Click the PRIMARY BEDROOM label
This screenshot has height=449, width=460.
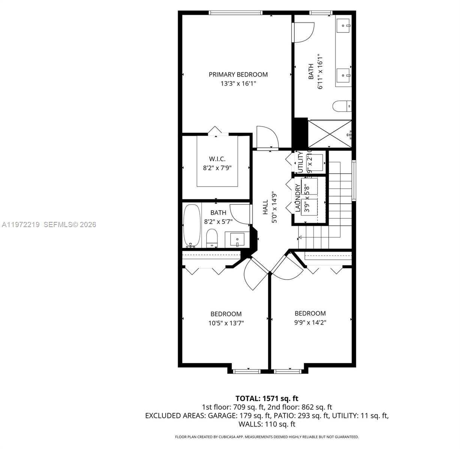(x=238, y=74)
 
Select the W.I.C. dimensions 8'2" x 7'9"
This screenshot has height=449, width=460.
(x=217, y=168)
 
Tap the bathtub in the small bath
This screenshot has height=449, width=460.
(x=192, y=226)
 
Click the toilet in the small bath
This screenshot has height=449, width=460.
(x=212, y=238)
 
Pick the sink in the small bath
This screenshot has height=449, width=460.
(x=237, y=239)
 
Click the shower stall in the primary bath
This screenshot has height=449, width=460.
(x=330, y=134)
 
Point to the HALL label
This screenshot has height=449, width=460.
(x=265, y=207)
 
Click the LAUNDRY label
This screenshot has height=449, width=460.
(x=298, y=198)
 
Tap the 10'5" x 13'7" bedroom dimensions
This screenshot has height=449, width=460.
(x=226, y=323)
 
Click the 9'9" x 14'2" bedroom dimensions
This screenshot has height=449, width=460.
(x=310, y=322)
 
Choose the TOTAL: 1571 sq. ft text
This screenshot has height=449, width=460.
(x=267, y=398)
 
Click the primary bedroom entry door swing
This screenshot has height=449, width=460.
(x=267, y=137)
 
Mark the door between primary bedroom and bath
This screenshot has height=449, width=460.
(x=303, y=32)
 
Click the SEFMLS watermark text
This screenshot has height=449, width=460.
(x=70, y=224)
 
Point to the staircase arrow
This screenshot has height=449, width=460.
(x=300, y=237)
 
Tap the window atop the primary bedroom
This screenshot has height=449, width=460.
(x=235, y=13)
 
